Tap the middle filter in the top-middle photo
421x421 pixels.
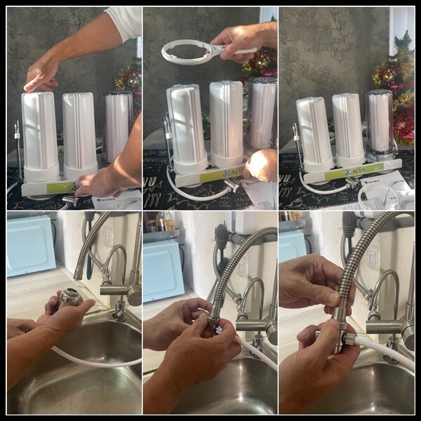click(x=226, y=123)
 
